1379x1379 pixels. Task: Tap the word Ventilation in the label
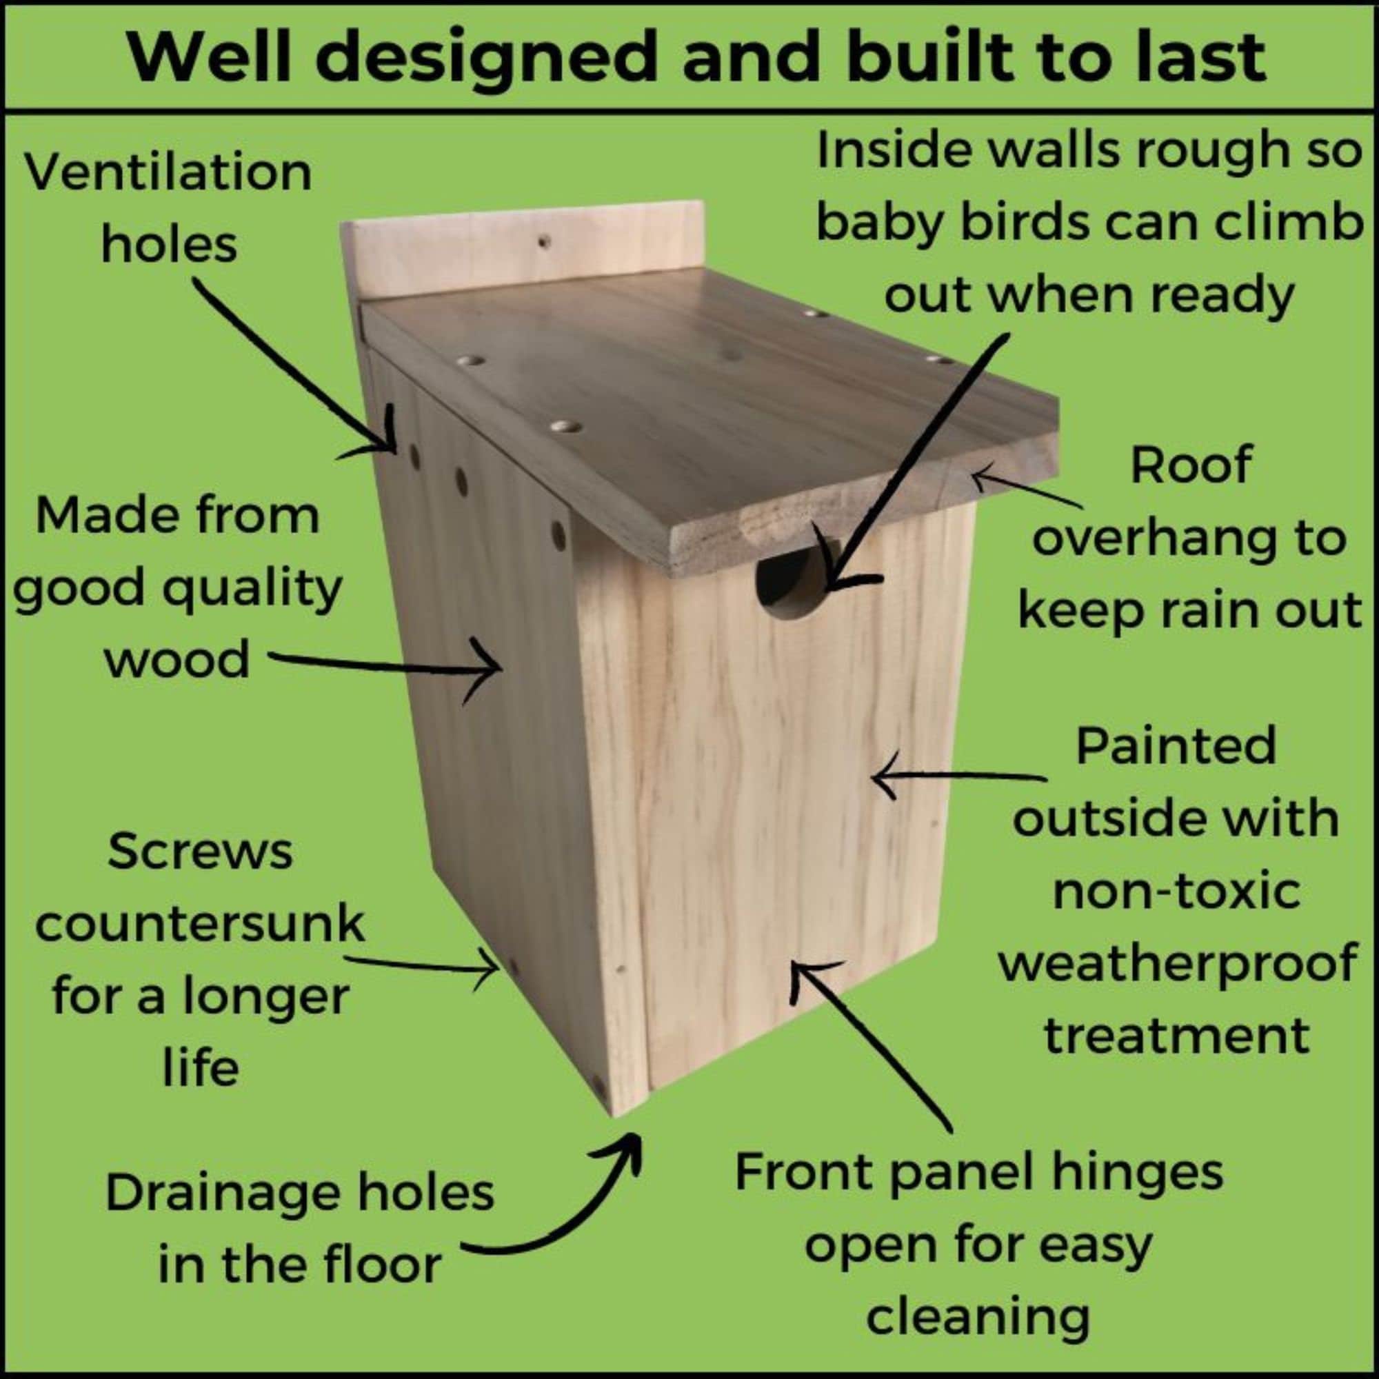coord(169,173)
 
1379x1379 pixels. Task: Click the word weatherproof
coord(1177,963)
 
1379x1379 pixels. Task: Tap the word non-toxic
coord(1176,891)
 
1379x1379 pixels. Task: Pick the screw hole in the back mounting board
coord(544,242)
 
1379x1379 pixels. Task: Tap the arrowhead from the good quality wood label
coord(492,670)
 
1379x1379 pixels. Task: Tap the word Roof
coord(1191,465)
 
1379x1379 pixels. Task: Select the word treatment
coord(1177,1036)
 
